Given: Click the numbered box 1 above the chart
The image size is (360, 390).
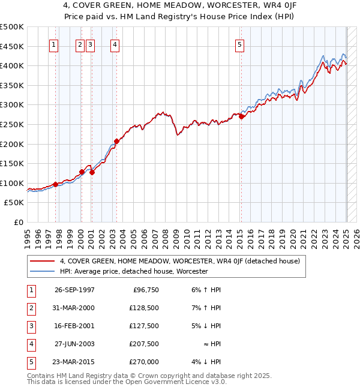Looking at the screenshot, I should pyautogui.click(x=54, y=44).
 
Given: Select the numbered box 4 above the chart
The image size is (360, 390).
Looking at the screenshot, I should pyautogui.click(x=114, y=44).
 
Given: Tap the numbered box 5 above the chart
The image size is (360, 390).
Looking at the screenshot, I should pyautogui.click(x=239, y=44).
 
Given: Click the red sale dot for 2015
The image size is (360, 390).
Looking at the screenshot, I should pyautogui.click(x=241, y=117).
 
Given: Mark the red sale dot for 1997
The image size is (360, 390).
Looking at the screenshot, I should pyautogui.click(x=55, y=185).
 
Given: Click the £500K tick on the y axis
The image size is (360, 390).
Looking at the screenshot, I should pyautogui.click(x=12, y=27).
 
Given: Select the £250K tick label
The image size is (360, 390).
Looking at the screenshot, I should pyautogui.click(x=12, y=124).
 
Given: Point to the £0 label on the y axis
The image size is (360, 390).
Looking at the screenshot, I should pyautogui.click(x=18, y=222).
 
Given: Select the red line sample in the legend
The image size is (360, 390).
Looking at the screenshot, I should pyautogui.click(x=42, y=261).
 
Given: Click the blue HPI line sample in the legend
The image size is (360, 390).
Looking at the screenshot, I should pyautogui.click(x=42, y=271).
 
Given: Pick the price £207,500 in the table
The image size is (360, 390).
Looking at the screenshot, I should pyautogui.click(x=144, y=344).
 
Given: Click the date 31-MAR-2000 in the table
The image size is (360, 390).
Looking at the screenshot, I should pyautogui.click(x=74, y=308).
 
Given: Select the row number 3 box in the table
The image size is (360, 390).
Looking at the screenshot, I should pyautogui.click(x=31, y=326).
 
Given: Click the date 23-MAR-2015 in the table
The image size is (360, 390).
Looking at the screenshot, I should pyautogui.click(x=74, y=362).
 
